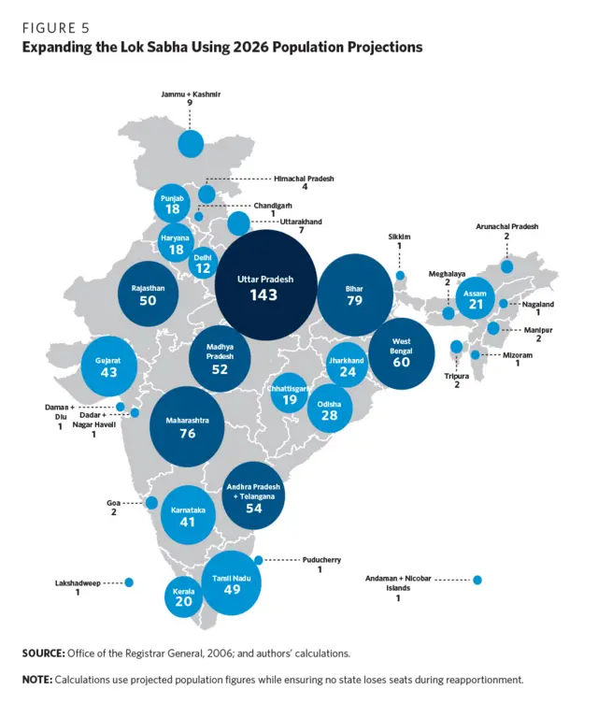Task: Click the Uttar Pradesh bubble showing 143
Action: click(266, 286)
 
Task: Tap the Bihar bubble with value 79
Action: click(353, 295)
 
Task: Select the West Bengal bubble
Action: click(401, 353)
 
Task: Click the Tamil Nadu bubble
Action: click(231, 582)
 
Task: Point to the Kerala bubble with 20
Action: click(184, 596)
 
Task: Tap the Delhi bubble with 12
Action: click(203, 263)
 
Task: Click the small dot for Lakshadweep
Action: click(129, 582)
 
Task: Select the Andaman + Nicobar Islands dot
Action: click(477, 580)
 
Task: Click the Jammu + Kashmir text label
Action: click(190, 94)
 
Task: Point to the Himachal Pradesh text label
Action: click(304, 178)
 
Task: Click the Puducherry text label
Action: click(320, 559)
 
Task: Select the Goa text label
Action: click(113, 503)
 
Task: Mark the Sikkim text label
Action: click(399, 237)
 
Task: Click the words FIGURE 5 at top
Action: click(56, 27)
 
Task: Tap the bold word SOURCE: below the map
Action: click(43, 652)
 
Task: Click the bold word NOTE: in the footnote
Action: click(37, 679)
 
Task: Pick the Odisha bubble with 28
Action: click(330, 408)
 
